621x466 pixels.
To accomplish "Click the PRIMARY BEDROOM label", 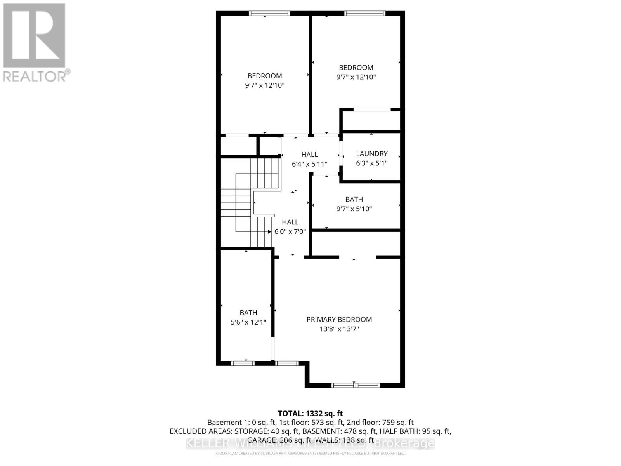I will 339,319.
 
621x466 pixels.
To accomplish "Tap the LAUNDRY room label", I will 371,154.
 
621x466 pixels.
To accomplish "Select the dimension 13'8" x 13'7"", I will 339,329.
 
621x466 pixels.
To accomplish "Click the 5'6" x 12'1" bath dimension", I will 248,322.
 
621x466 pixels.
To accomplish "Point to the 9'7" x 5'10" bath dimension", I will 354,209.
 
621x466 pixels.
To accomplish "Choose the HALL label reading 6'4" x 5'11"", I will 309,155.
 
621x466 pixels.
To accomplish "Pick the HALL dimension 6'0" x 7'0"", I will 290,231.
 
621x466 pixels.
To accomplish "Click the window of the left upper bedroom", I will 269,13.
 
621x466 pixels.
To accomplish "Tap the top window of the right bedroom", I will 364,13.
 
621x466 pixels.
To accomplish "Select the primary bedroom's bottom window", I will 356,385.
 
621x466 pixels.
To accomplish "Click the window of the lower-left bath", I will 243,363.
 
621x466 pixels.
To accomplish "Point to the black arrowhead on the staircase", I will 269,231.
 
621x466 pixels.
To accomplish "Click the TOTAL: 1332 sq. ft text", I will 310,414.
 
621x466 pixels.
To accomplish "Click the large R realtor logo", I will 34,36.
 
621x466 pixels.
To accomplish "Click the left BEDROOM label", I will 265,76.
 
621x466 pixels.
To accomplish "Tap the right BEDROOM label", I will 356,68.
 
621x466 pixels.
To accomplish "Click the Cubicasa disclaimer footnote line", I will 310,453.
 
